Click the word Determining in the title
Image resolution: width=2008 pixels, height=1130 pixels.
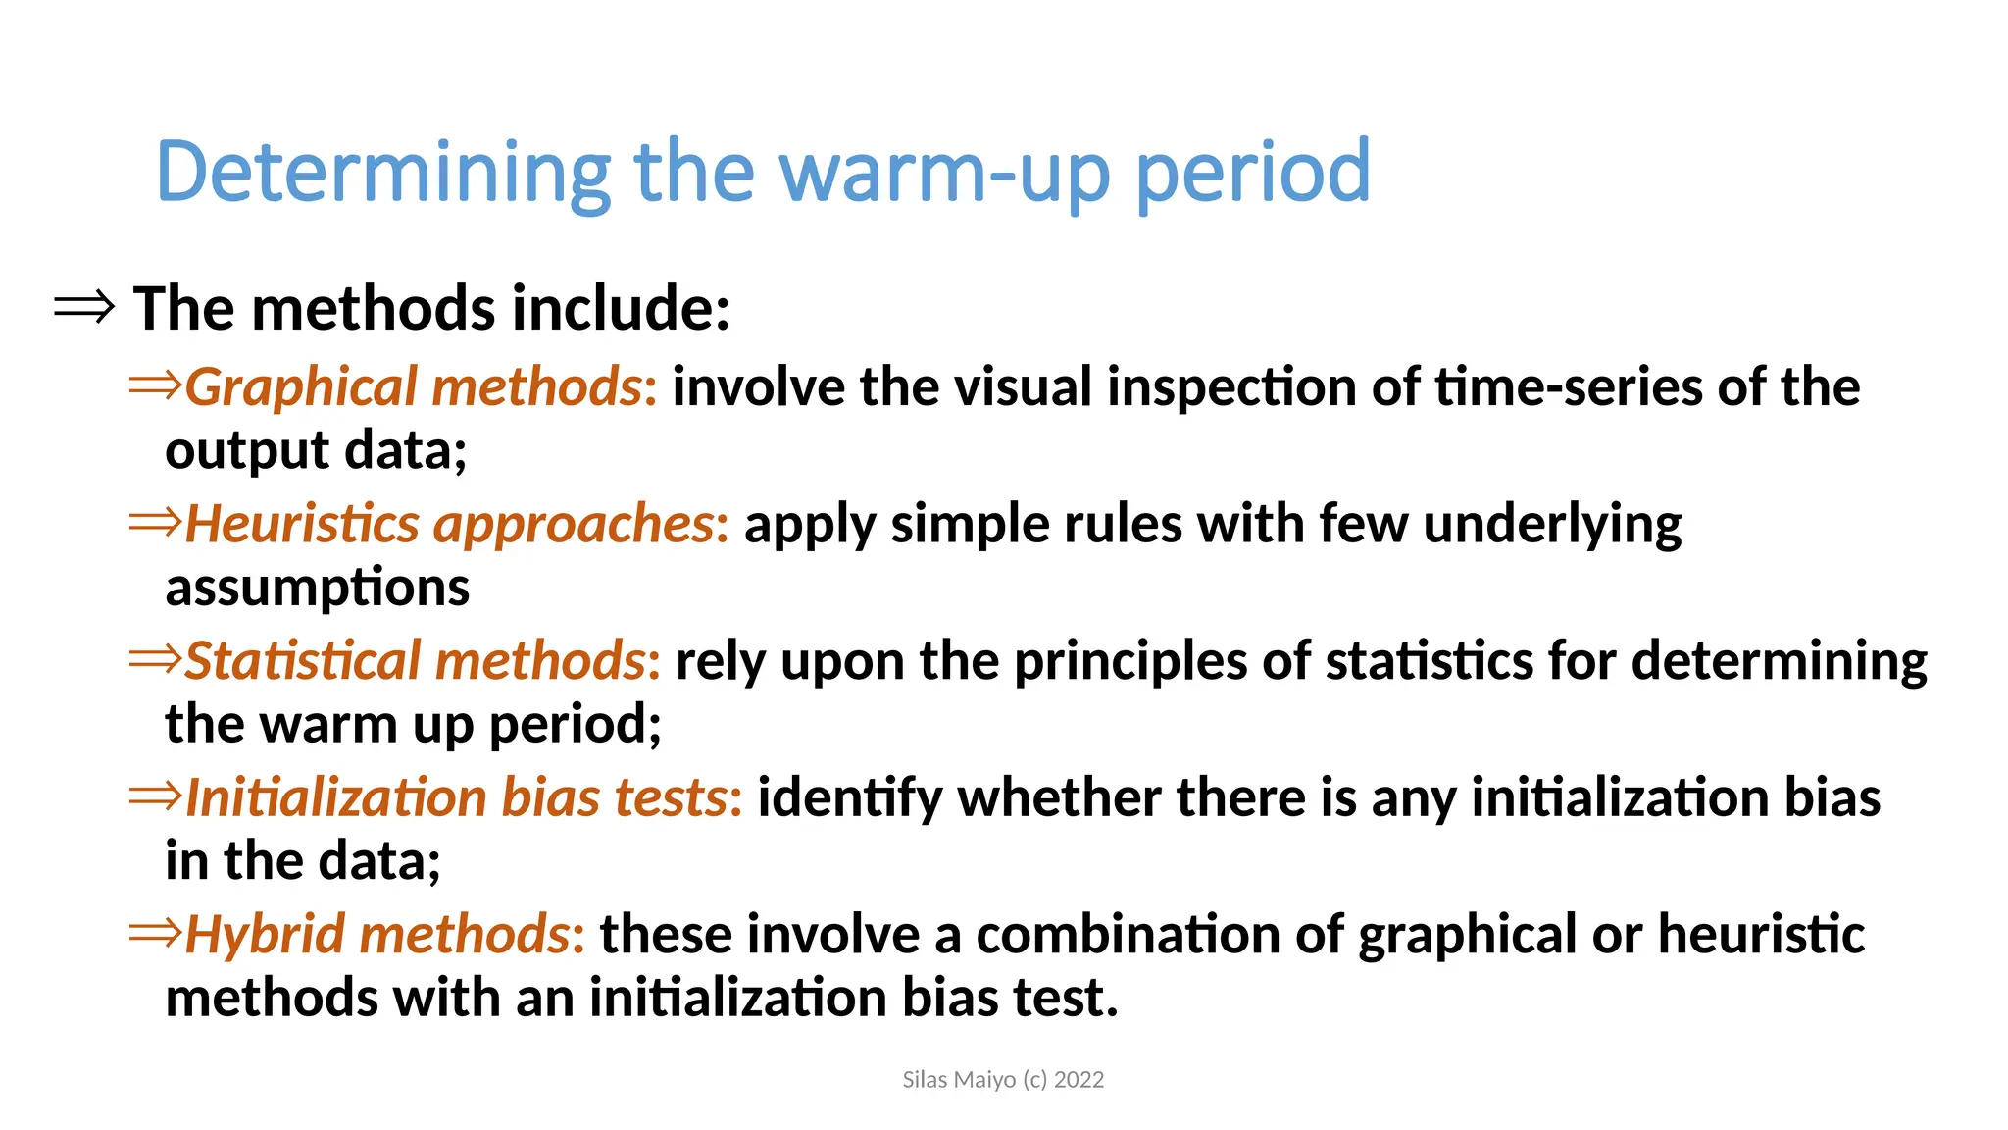coord(383,173)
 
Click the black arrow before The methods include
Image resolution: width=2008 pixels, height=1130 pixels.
coord(84,308)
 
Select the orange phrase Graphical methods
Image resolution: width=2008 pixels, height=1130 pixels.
coord(413,386)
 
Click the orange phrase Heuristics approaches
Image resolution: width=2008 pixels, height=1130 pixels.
coord(449,524)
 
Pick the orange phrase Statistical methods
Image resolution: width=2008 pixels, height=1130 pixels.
coord(415,660)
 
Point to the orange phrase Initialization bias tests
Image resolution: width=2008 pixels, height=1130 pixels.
coord(456,796)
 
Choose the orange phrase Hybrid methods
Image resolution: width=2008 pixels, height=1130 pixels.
coord(377,934)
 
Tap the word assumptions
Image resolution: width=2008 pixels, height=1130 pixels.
coord(317,588)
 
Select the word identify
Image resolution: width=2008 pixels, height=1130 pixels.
coord(849,798)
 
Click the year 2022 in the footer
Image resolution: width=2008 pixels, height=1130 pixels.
coord(1079,1080)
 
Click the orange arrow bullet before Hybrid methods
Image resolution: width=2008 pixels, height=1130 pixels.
coord(155,932)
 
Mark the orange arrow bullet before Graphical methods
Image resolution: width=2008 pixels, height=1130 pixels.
coord(155,385)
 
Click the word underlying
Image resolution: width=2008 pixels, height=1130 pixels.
coord(1552,524)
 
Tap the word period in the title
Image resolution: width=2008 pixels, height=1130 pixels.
coord(1252,173)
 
